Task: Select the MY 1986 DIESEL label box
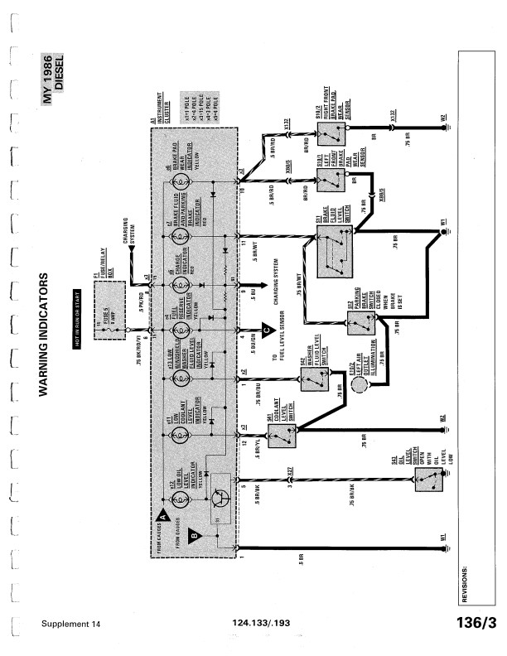click(54, 75)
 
